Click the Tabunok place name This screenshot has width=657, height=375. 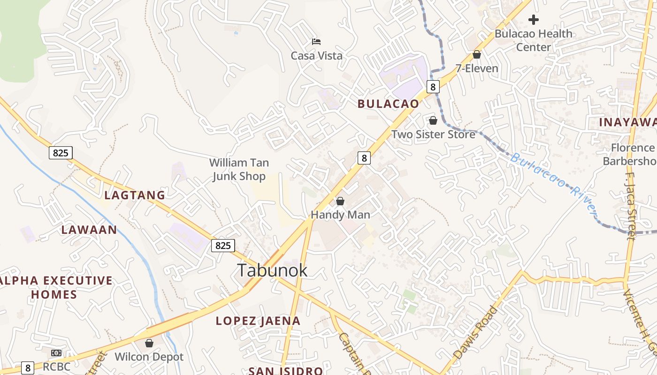(272, 270)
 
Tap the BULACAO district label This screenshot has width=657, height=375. (388, 104)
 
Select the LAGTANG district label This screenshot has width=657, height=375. (135, 195)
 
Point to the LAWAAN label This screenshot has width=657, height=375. (89, 230)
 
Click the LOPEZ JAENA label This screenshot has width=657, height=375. (258, 321)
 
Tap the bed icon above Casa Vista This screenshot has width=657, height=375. (316, 42)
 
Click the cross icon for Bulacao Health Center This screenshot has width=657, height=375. (533, 20)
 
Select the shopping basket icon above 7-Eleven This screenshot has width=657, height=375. (477, 54)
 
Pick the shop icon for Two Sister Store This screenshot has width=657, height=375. (433, 120)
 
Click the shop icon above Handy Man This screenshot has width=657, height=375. (340, 201)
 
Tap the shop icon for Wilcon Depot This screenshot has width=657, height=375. (149, 343)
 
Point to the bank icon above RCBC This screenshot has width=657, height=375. (56, 352)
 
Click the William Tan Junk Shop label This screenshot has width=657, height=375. (239, 169)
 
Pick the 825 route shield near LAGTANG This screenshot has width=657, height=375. (61, 152)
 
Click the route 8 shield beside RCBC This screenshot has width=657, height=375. (28, 368)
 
